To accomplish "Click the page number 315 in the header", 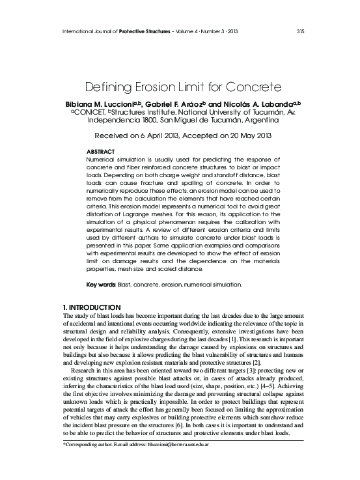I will tap(300, 31).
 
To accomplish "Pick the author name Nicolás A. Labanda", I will tap(261, 104).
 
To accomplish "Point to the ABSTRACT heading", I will tap(101, 152).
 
